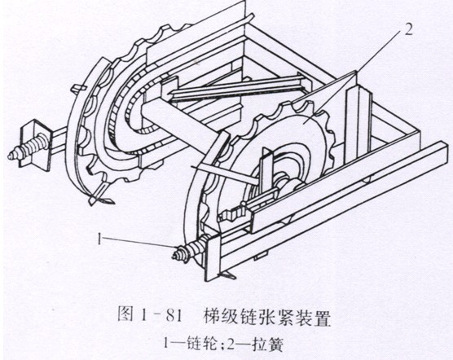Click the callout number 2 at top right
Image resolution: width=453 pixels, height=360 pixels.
coord(408,29)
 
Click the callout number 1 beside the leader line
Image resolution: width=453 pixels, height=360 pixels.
coord(99,239)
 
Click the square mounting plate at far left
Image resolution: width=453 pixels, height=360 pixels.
coord(35,143)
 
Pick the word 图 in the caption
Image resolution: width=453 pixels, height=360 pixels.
coord(125,315)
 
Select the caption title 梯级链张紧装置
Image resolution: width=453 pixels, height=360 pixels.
coord(266,316)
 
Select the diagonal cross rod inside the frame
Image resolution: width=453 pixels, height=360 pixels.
coord(236,88)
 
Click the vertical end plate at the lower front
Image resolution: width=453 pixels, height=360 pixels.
coord(213,257)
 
